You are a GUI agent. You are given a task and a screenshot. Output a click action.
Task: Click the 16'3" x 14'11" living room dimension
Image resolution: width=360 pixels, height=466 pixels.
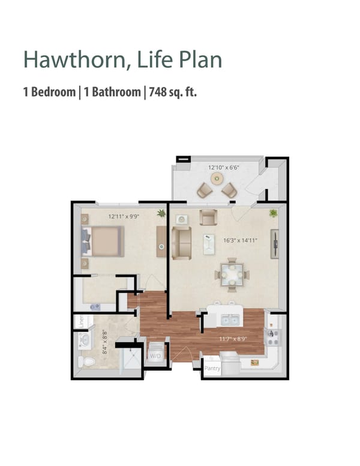240,240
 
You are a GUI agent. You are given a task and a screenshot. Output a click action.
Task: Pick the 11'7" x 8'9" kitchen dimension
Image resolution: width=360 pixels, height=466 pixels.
233,339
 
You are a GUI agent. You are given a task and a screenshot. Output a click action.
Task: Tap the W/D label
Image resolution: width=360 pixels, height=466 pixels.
155,356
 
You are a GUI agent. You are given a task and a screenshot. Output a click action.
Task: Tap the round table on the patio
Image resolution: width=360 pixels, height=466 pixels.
217,179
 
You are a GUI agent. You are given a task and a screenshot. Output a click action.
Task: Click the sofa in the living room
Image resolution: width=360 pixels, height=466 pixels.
181,243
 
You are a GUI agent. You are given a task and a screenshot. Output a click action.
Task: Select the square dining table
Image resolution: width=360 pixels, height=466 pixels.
231,275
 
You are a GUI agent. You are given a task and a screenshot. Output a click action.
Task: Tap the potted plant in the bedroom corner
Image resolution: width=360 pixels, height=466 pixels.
161,213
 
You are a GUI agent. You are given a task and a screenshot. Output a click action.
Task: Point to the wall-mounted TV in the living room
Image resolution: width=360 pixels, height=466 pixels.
275,243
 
